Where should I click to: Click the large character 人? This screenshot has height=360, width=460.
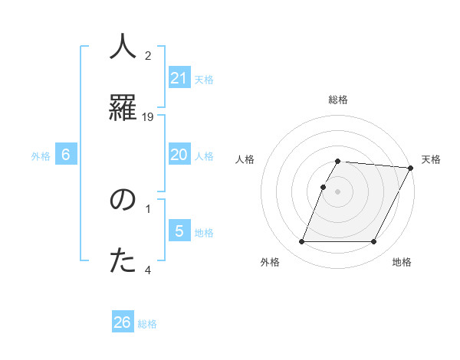click(x=123, y=47)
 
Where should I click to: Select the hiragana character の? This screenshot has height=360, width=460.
click(x=123, y=200)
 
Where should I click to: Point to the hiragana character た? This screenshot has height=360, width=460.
click(x=123, y=260)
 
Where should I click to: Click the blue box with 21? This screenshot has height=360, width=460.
click(x=179, y=78)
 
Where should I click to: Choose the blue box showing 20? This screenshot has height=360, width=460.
click(x=179, y=155)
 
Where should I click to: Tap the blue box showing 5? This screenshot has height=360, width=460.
click(x=179, y=231)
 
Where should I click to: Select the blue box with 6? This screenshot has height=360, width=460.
click(x=66, y=155)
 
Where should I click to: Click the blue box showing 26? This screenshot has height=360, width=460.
click(x=123, y=322)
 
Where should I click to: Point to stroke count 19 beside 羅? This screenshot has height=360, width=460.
click(x=149, y=116)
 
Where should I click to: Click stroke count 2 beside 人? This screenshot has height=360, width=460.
click(x=148, y=56)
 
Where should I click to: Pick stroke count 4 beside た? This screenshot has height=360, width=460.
click(x=148, y=270)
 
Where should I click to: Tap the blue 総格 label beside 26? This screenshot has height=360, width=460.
click(x=147, y=324)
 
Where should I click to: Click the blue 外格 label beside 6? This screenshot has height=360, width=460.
click(x=41, y=156)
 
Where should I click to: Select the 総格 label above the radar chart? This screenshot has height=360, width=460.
click(x=338, y=100)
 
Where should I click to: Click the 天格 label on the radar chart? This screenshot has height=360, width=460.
click(x=431, y=159)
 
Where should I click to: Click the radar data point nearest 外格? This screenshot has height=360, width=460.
click(x=301, y=242)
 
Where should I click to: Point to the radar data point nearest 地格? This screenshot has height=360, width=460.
click(x=374, y=242)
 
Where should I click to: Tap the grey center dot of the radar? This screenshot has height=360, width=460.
click(x=338, y=191)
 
